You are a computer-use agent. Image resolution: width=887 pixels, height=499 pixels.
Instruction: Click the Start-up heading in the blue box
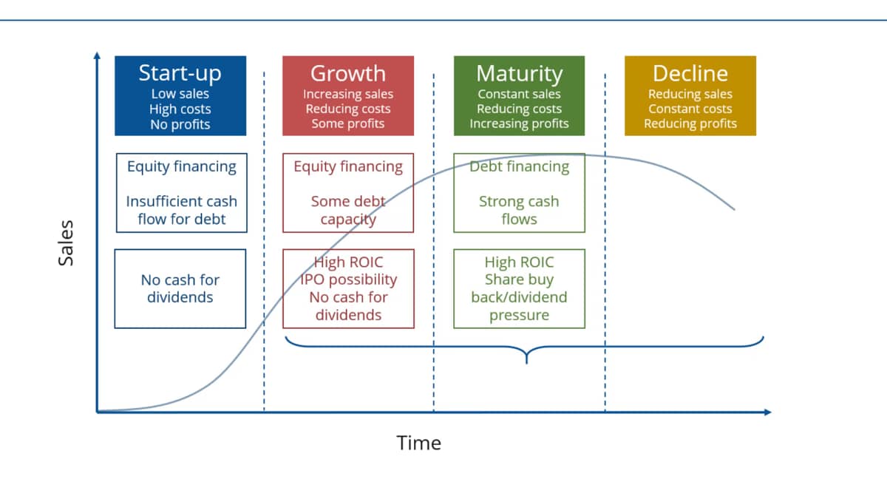180,73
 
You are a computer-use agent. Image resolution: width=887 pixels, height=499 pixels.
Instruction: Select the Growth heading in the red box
347,73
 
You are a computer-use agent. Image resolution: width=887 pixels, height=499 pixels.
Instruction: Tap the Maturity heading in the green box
519,74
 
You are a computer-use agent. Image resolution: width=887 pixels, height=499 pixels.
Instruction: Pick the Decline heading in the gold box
690,73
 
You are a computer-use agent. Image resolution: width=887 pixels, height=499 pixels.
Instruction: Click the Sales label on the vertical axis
66,243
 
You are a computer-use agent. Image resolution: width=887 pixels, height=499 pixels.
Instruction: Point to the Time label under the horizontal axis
418,443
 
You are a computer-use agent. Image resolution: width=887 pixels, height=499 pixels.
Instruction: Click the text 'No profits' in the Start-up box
180,124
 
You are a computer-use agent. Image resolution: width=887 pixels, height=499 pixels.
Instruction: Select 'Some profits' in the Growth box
347,123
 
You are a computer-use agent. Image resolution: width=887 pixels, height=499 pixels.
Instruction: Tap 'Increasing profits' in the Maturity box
519,123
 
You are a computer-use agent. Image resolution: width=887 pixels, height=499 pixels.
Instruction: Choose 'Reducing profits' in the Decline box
690,123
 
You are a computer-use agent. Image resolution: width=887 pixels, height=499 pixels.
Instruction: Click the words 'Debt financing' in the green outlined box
519,167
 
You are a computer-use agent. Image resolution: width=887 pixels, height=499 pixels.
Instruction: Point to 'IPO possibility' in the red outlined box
348,279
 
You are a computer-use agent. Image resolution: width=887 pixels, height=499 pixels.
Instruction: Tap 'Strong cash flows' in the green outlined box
519,210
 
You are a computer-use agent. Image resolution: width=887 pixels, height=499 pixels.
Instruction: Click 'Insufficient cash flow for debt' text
181,210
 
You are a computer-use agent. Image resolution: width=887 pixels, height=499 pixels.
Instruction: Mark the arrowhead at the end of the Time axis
768,413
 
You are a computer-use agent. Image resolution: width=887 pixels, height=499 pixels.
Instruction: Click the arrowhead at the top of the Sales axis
97,55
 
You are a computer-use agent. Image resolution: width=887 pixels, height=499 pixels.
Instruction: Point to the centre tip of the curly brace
526,363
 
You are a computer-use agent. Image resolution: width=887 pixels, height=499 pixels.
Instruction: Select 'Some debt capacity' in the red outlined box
348,210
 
